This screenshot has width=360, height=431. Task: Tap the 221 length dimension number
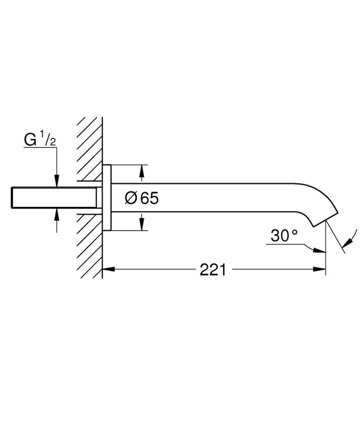coord(212,269)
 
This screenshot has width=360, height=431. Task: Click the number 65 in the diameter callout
coord(149,198)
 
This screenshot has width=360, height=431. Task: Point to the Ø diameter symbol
coord(131,198)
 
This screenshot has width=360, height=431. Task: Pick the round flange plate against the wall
coord(106,198)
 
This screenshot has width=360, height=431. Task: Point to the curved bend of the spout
coord(316,193)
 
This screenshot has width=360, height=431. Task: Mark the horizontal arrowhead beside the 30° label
coord(320,251)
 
